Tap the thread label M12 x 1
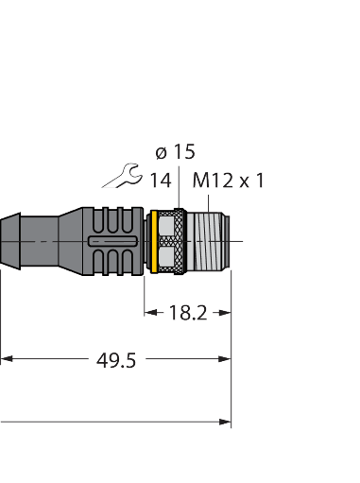(x=228, y=179)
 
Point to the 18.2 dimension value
(x=187, y=313)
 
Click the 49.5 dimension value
(x=116, y=359)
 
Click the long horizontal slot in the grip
(x=112, y=242)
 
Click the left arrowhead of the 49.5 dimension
(x=6, y=359)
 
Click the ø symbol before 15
(x=160, y=151)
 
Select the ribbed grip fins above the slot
(x=113, y=220)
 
